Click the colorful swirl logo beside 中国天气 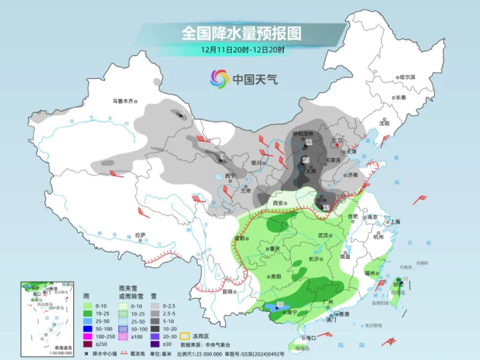click(x=219, y=78)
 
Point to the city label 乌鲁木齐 click(x=124, y=100)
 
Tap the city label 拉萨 click(x=141, y=235)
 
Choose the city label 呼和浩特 click(x=304, y=134)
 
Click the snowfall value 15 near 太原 click(x=306, y=160)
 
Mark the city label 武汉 click(x=321, y=235)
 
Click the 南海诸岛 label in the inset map click(x=46, y=346)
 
